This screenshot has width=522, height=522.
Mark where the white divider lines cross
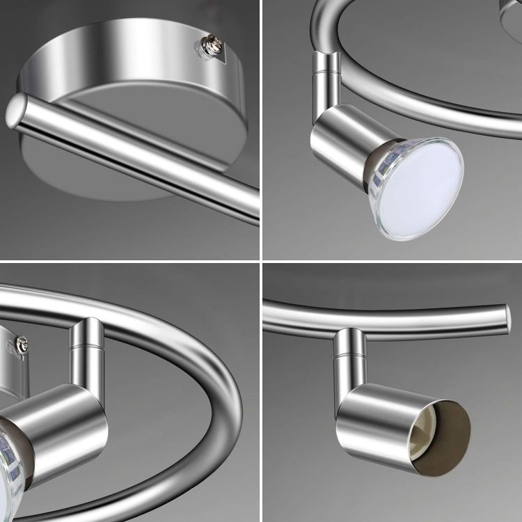coord(260,261)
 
